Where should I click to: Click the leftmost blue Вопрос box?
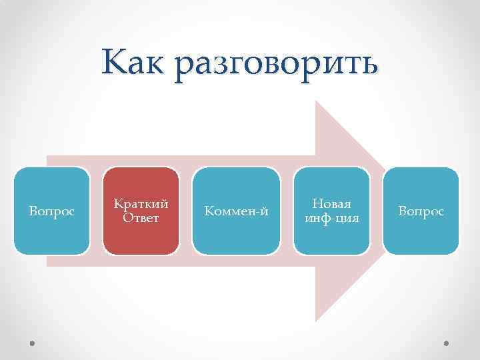tap(52, 211)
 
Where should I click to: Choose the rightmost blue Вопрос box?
tap(421, 211)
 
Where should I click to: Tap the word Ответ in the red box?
tap(141, 217)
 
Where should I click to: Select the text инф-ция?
tap(331, 217)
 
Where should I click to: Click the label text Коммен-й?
tap(236, 211)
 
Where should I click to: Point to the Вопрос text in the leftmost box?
tap(52, 211)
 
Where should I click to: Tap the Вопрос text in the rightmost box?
tap(421, 211)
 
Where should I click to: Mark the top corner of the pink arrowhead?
tap(317, 103)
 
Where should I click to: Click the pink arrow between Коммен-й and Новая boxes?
tap(287, 211)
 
